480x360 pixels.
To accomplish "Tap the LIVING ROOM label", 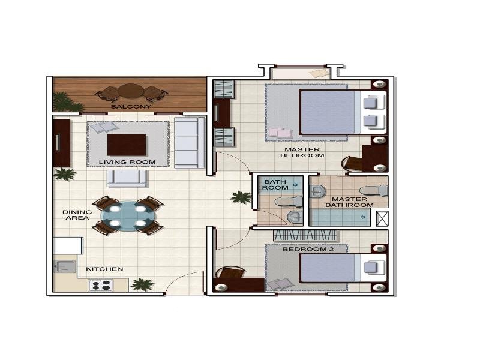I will pyautogui.click(x=127, y=162).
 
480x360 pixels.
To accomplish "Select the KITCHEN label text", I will pyautogui.click(x=104, y=269).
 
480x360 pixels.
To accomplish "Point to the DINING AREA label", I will pyautogui.click(x=77, y=215).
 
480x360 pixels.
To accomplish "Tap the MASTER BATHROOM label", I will pyautogui.click(x=349, y=202).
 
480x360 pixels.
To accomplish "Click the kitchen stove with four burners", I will pyautogui.click(x=101, y=286).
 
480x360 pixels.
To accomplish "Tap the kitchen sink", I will pyautogui.click(x=63, y=265).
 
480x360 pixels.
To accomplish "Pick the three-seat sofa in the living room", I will pyautogui.click(x=189, y=143).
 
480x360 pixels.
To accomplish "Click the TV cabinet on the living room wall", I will pyautogui.click(x=62, y=143).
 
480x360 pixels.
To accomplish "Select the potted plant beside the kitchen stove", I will pyautogui.click(x=142, y=284).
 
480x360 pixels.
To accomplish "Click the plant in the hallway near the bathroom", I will pyautogui.click(x=241, y=197).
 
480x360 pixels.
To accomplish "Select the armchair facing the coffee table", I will pyautogui.click(x=127, y=178).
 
